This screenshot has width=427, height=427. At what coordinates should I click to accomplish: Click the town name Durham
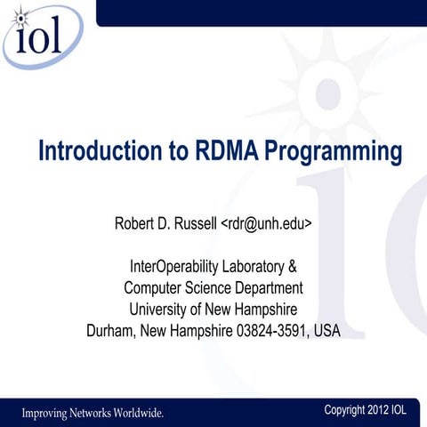pos(114,331)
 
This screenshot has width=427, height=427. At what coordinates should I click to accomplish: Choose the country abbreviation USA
pos(325,331)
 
